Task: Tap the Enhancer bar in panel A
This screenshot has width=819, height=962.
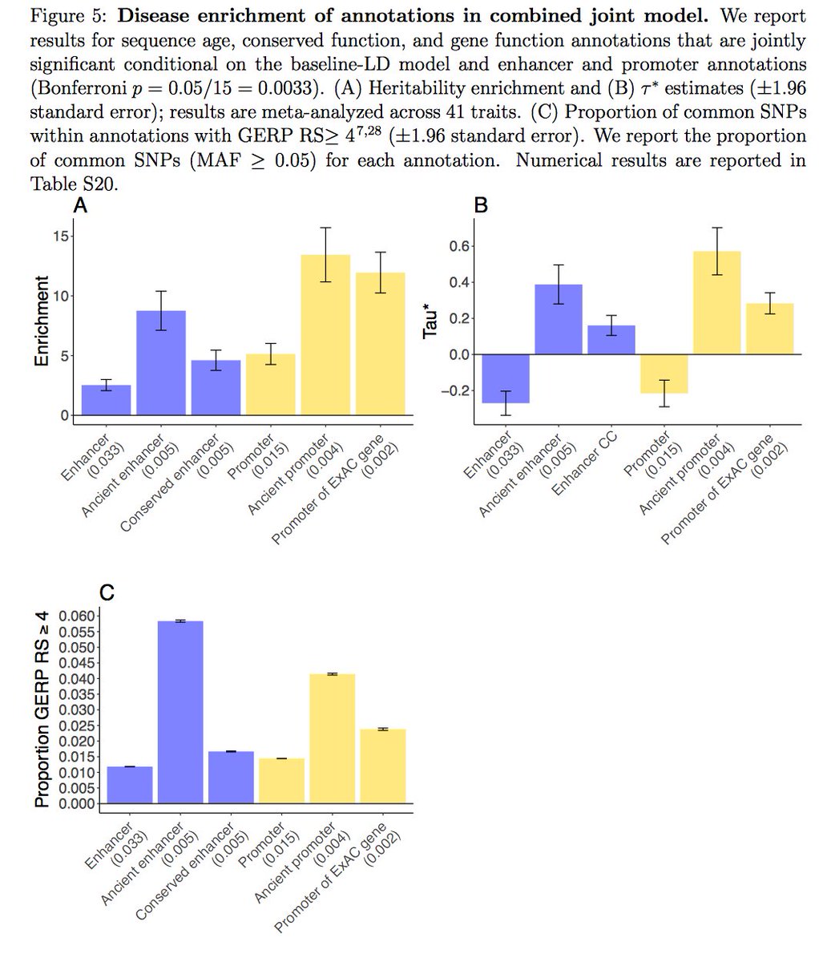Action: [x=107, y=400]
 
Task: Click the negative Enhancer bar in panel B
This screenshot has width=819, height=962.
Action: [x=506, y=378]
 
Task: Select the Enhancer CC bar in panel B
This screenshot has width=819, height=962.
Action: [x=611, y=340]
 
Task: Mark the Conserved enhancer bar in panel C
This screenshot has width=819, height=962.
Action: [x=231, y=777]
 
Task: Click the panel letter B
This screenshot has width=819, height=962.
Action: [x=481, y=206]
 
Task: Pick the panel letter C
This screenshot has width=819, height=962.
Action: [x=106, y=592]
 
